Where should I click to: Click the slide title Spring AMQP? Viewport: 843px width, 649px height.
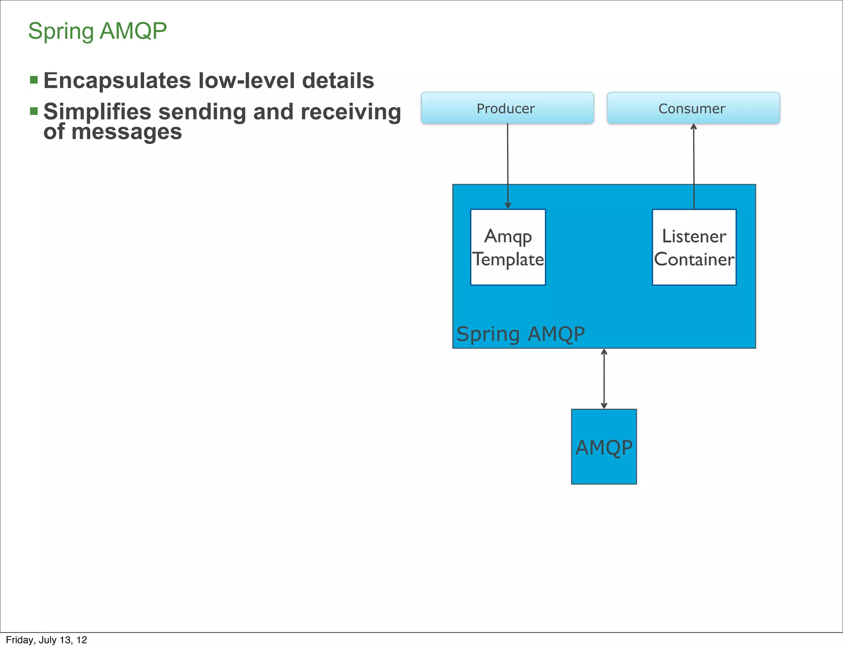pyautogui.click(x=97, y=31)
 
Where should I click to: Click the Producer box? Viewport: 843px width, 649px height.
pyautogui.click(x=507, y=108)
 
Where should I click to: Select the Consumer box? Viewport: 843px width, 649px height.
pyautogui.click(x=693, y=108)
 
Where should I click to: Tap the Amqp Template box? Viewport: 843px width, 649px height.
pyautogui.click(x=508, y=247)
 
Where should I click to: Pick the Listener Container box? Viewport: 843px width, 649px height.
pyautogui.click(x=694, y=247)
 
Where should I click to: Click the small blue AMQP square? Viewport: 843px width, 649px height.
pyautogui.click(x=604, y=447)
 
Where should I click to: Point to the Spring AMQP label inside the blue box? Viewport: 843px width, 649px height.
pyautogui.click(x=520, y=334)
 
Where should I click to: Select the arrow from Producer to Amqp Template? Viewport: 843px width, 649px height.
pyautogui.click(x=508, y=165)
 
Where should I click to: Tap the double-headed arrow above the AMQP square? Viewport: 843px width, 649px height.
pyautogui.click(x=604, y=378)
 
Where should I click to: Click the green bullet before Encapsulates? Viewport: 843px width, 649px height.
pyautogui.click(x=34, y=79)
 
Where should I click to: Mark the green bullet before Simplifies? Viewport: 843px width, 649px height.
pyautogui.click(x=34, y=111)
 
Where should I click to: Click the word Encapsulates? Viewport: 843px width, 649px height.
pyautogui.click(x=117, y=80)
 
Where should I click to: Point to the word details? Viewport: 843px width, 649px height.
pyautogui.click(x=338, y=80)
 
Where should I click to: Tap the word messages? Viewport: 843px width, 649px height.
pyautogui.click(x=126, y=132)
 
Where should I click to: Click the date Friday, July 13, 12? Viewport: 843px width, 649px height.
pyautogui.click(x=47, y=640)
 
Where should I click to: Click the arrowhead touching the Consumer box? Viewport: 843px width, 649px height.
pyautogui.click(x=694, y=127)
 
